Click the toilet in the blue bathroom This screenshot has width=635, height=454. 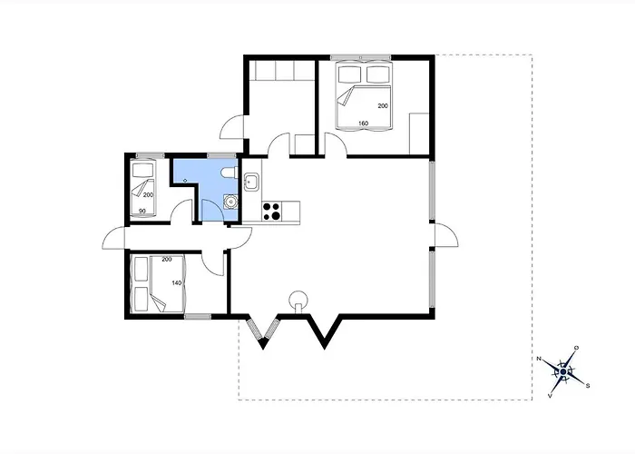pyautogui.click(x=230, y=173)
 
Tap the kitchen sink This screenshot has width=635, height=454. pyautogui.click(x=251, y=182)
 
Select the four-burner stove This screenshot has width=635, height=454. pyautogui.click(x=271, y=212)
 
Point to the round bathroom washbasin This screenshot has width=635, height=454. pyautogui.click(x=230, y=201)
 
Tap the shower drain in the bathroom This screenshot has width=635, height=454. pyautogui.click(x=185, y=181)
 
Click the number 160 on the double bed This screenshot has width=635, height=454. pyautogui.click(x=363, y=123)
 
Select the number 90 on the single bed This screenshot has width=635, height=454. pyautogui.click(x=142, y=212)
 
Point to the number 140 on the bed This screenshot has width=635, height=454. pyautogui.click(x=177, y=283)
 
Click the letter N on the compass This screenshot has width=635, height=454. pyautogui.click(x=539, y=359)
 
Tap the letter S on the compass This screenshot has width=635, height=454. pyautogui.click(x=588, y=386)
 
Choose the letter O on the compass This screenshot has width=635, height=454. pyautogui.click(x=576, y=348)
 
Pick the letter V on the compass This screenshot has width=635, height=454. pyautogui.click(x=550, y=396)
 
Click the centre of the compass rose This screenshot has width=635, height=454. pyautogui.click(x=563, y=371)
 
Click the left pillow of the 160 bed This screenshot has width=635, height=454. pyautogui.click(x=349, y=74)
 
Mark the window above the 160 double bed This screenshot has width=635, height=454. pyautogui.click(x=360, y=57)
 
